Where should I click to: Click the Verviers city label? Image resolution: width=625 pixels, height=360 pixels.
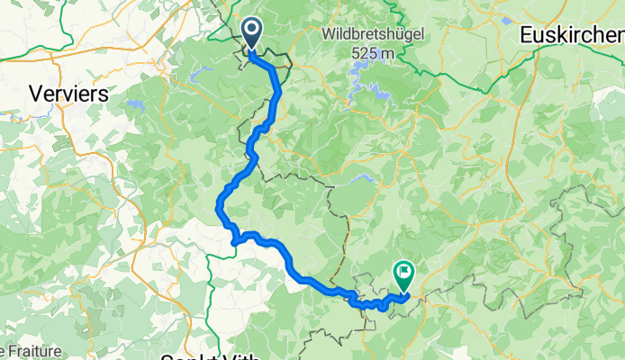tap(68, 93)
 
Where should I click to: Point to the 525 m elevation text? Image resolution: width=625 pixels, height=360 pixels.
tap(374, 53)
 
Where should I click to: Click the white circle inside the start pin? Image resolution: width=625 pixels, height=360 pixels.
tap(249, 30)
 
